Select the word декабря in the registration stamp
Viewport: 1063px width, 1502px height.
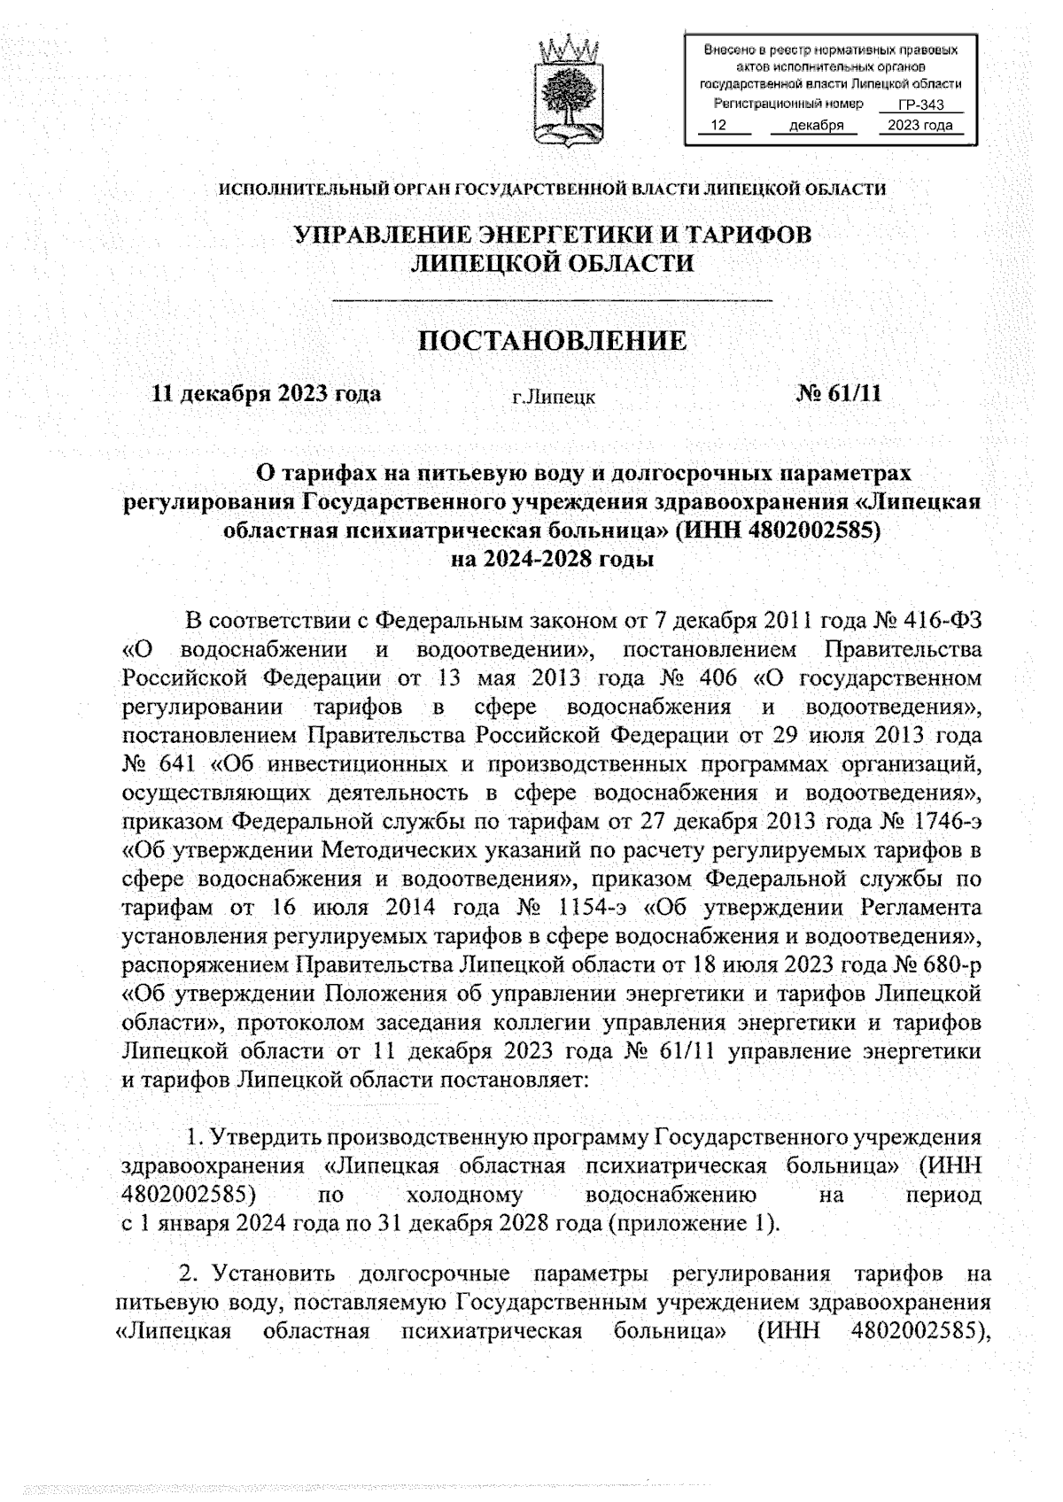tap(815, 126)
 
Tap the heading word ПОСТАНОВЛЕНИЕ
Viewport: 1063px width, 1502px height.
tap(552, 341)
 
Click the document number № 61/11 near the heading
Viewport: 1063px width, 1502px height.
tap(839, 393)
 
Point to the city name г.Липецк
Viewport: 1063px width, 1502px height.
tap(554, 398)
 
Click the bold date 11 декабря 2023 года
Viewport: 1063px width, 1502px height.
tap(267, 393)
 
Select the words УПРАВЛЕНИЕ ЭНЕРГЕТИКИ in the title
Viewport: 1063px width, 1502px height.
tap(470, 235)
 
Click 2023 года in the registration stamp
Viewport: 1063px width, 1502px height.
tap(919, 126)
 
